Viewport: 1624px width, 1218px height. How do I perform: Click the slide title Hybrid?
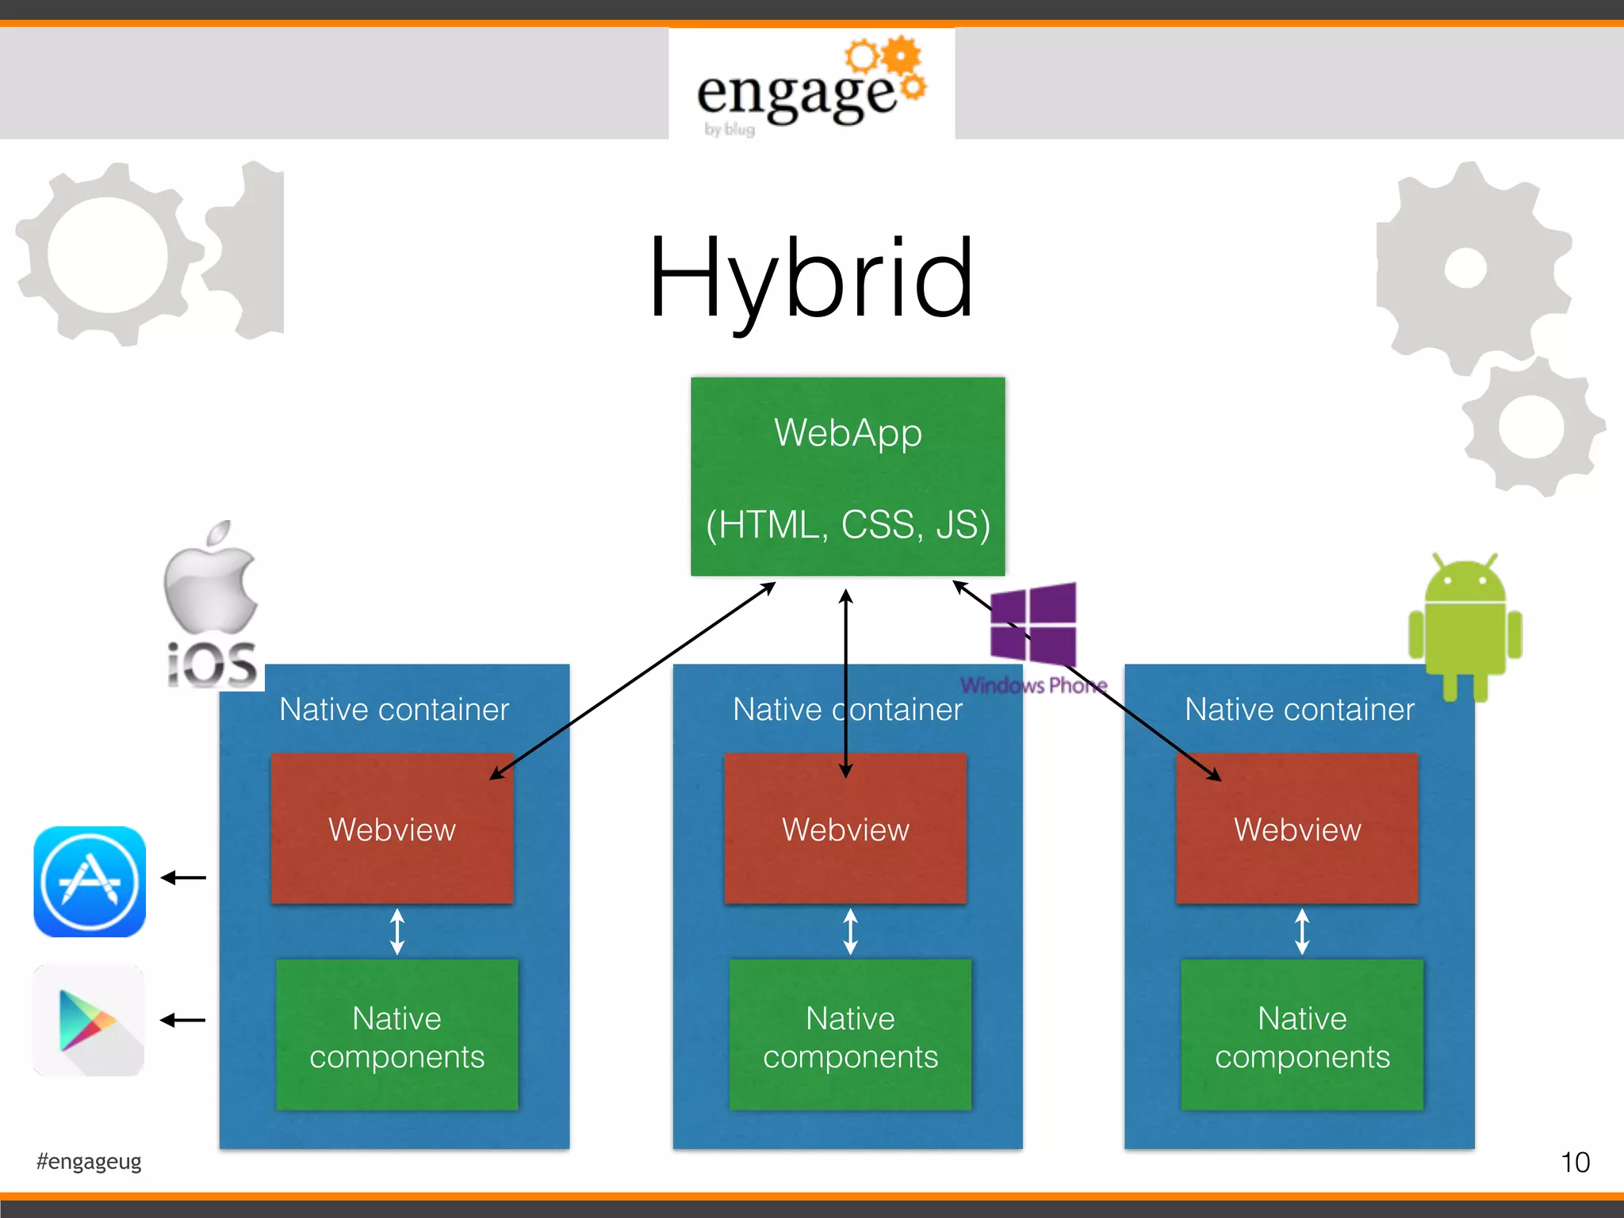coord(810,279)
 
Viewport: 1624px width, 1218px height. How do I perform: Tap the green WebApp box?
coord(848,476)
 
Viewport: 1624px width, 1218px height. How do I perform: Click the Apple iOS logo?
coord(212,607)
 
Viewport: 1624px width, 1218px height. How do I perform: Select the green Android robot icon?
coord(1465,626)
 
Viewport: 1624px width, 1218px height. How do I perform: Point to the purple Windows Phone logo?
coord(1033,634)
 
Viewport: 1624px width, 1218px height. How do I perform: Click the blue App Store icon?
coord(90,882)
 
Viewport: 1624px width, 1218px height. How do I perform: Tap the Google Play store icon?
coord(89,1021)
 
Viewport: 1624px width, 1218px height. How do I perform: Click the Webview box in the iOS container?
coord(392,829)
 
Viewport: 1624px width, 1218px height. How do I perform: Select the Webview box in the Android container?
coord(1297,829)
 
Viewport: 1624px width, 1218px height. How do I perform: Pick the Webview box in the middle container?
coord(845,829)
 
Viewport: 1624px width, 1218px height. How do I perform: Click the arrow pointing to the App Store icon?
coord(183,877)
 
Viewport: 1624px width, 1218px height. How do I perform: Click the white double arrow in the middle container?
coord(850,931)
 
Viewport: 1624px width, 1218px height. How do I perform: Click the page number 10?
coord(1575,1162)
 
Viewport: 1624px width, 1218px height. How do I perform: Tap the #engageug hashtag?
coord(89,1162)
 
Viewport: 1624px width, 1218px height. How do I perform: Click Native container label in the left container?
coord(394,709)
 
